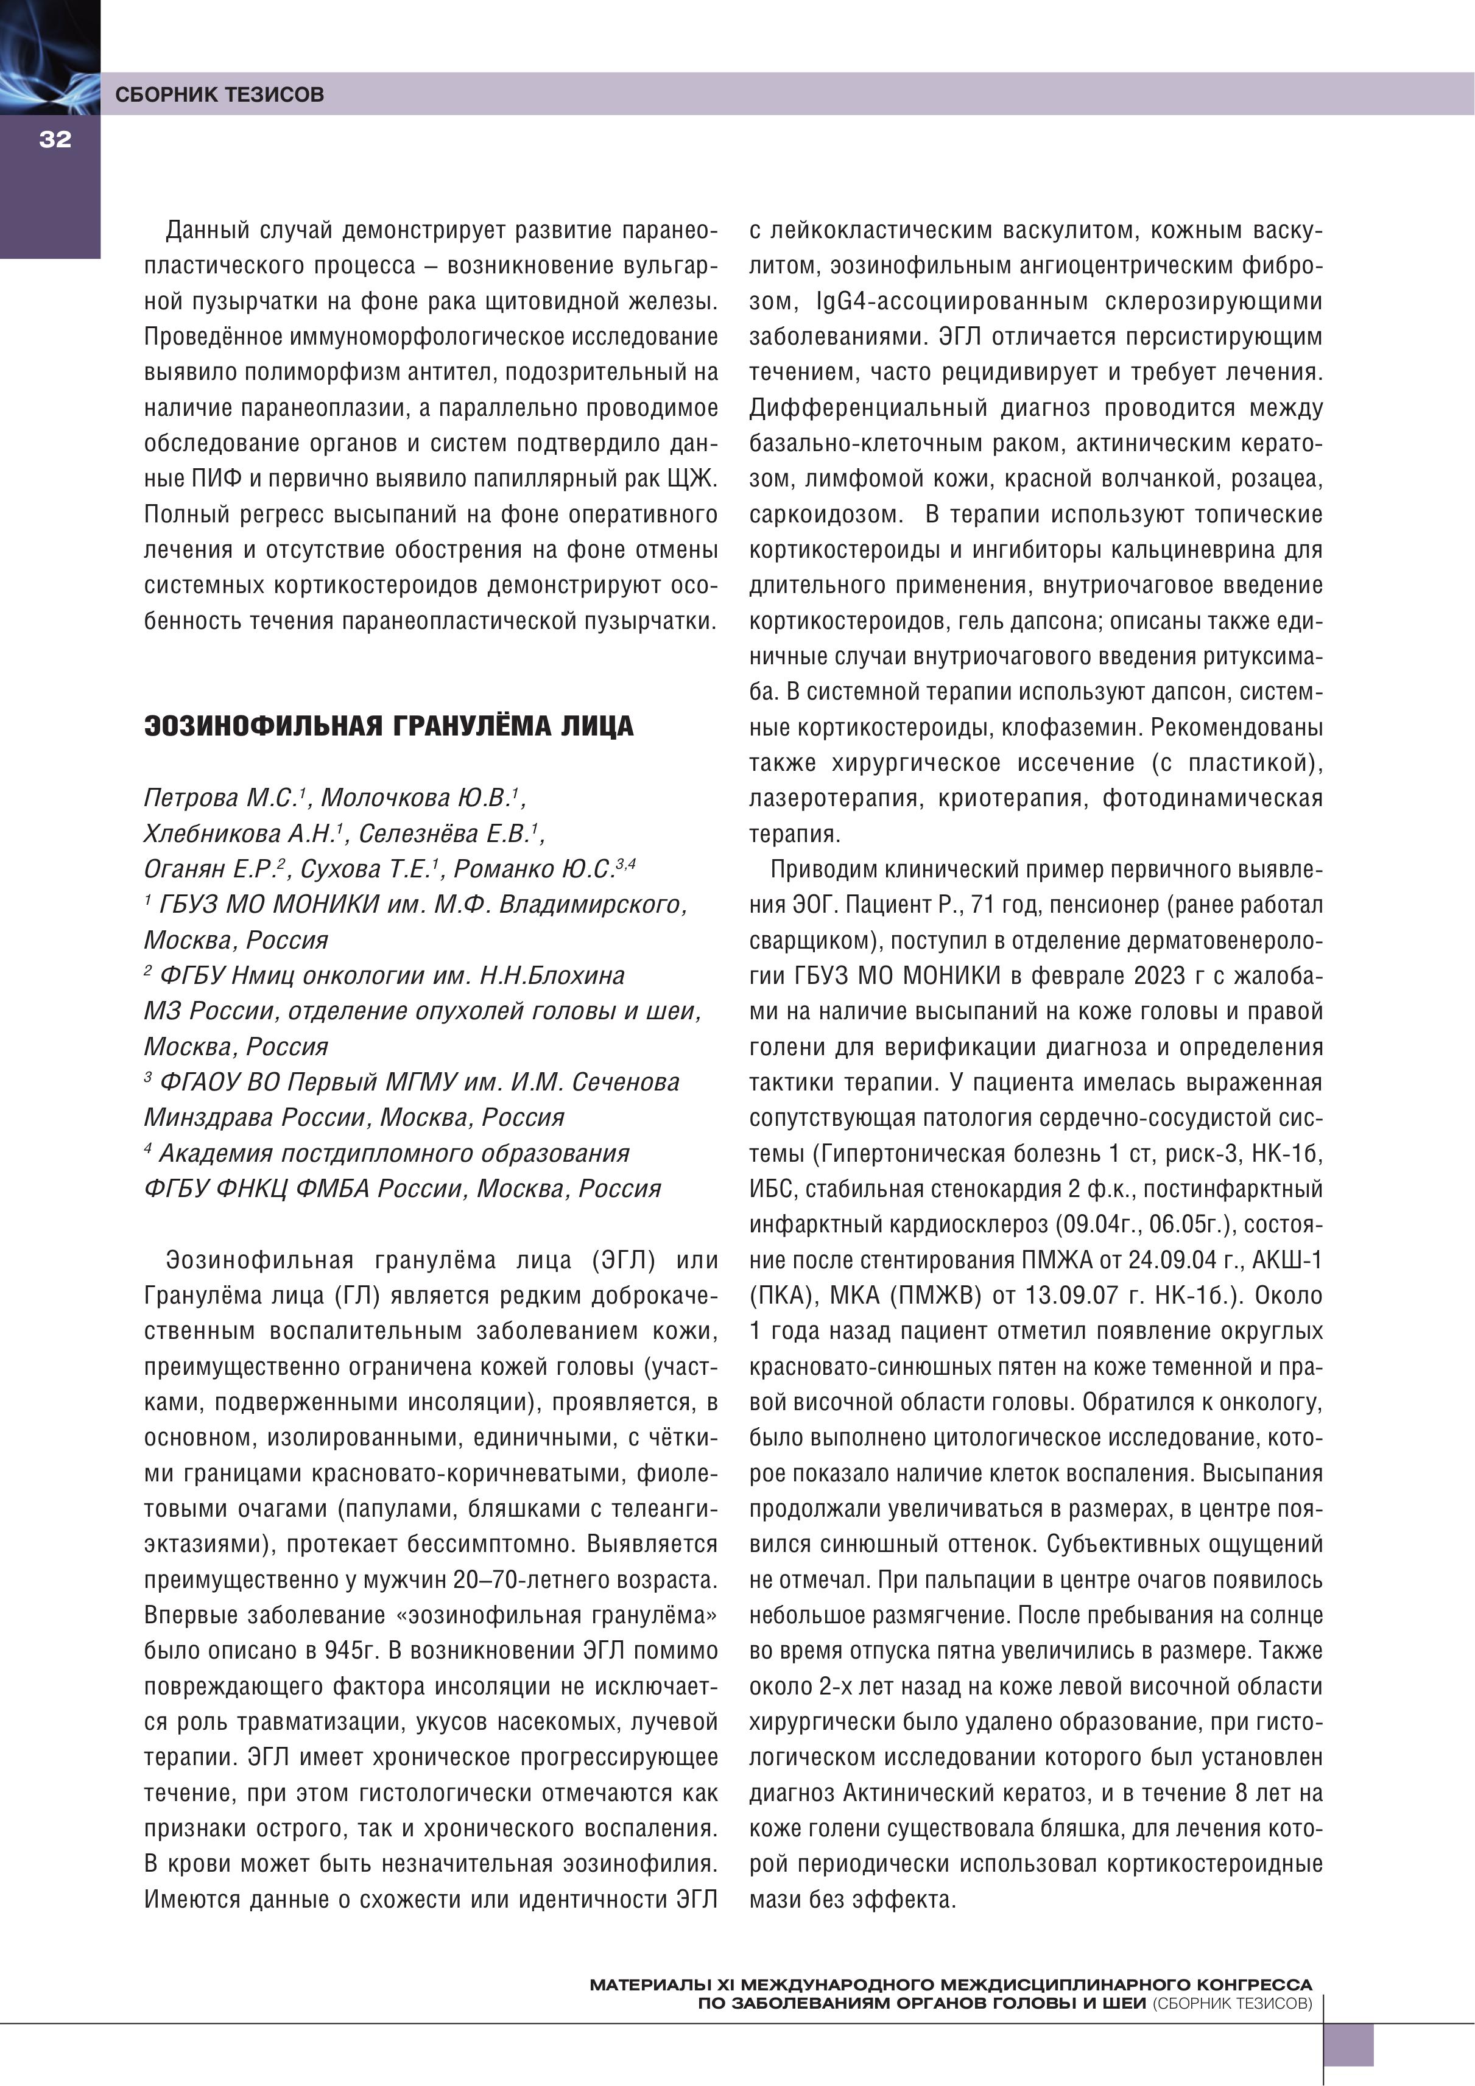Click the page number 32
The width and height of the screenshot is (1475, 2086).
[x=55, y=139]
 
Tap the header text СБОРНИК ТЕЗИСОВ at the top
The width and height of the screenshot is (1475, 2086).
[x=219, y=94]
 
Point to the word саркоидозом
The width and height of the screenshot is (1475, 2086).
[x=825, y=514]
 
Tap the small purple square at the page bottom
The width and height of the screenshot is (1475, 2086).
[x=1348, y=2045]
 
